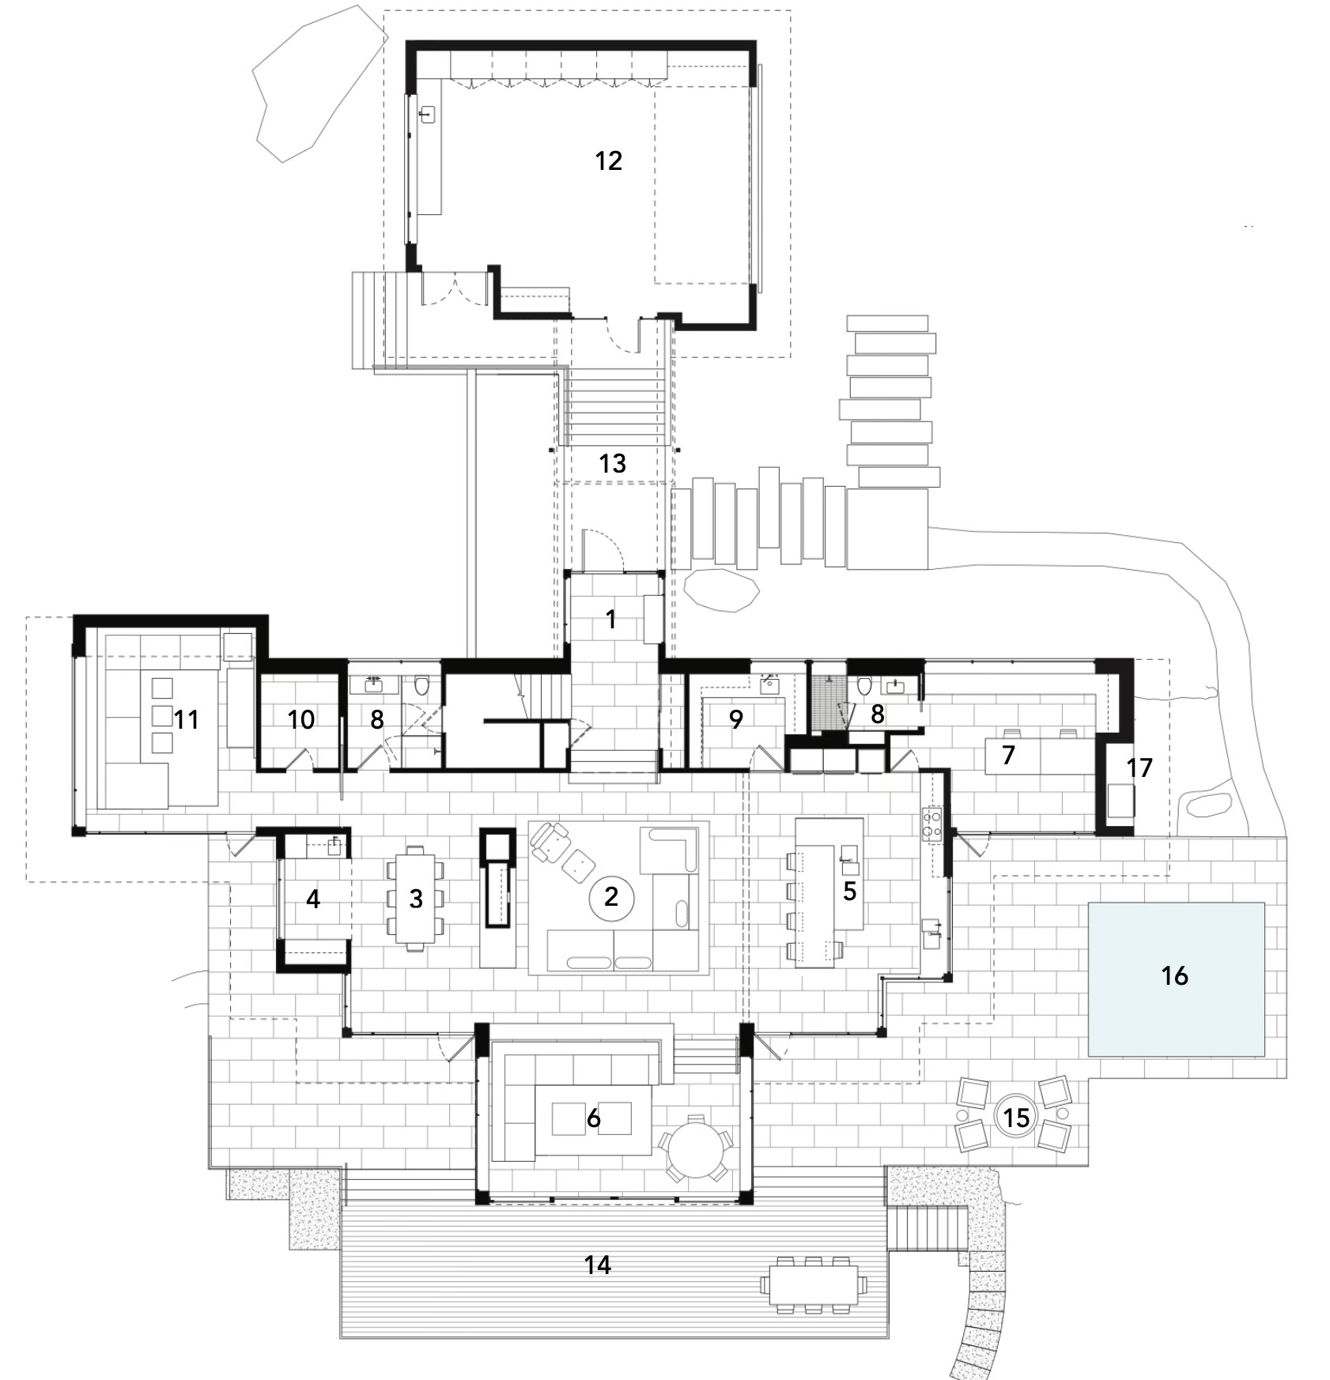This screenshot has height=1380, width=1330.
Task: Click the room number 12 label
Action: pyautogui.click(x=609, y=161)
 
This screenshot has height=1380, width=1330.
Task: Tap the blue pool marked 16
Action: pyautogui.click(x=1176, y=979)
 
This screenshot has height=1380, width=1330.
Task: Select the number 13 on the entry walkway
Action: pyautogui.click(x=613, y=463)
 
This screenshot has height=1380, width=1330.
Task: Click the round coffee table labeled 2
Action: pyautogui.click(x=610, y=897)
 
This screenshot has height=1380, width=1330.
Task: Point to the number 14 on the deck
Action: pyautogui.click(x=598, y=1265)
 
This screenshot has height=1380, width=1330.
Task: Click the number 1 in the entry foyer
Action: pyautogui.click(x=611, y=620)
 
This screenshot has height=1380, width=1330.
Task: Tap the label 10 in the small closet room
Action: pyautogui.click(x=301, y=719)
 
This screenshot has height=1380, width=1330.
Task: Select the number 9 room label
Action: pyautogui.click(x=736, y=719)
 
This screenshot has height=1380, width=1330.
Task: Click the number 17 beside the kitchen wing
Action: pyautogui.click(x=1139, y=767)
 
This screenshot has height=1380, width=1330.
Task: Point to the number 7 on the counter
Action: pyautogui.click(x=1008, y=755)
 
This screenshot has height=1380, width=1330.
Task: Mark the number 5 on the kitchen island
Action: pyautogui.click(x=849, y=891)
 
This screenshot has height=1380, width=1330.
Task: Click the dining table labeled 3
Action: pyautogui.click(x=416, y=898)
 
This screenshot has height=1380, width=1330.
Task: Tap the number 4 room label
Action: pyautogui.click(x=313, y=899)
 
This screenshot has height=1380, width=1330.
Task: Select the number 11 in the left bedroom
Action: pyautogui.click(x=187, y=719)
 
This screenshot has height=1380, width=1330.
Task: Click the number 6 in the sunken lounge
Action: pyautogui.click(x=593, y=1118)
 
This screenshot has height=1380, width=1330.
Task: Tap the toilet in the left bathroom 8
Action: pyautogui.click(x=421, y=684)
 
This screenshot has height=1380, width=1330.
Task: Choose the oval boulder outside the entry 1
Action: pyautogui.click(x=722, y=590)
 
